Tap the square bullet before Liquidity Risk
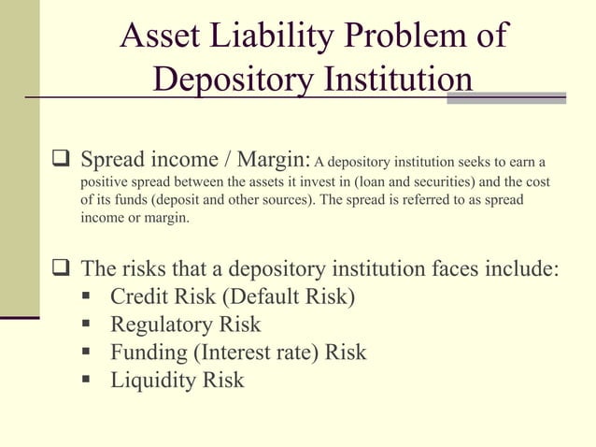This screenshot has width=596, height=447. pos(86,380)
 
